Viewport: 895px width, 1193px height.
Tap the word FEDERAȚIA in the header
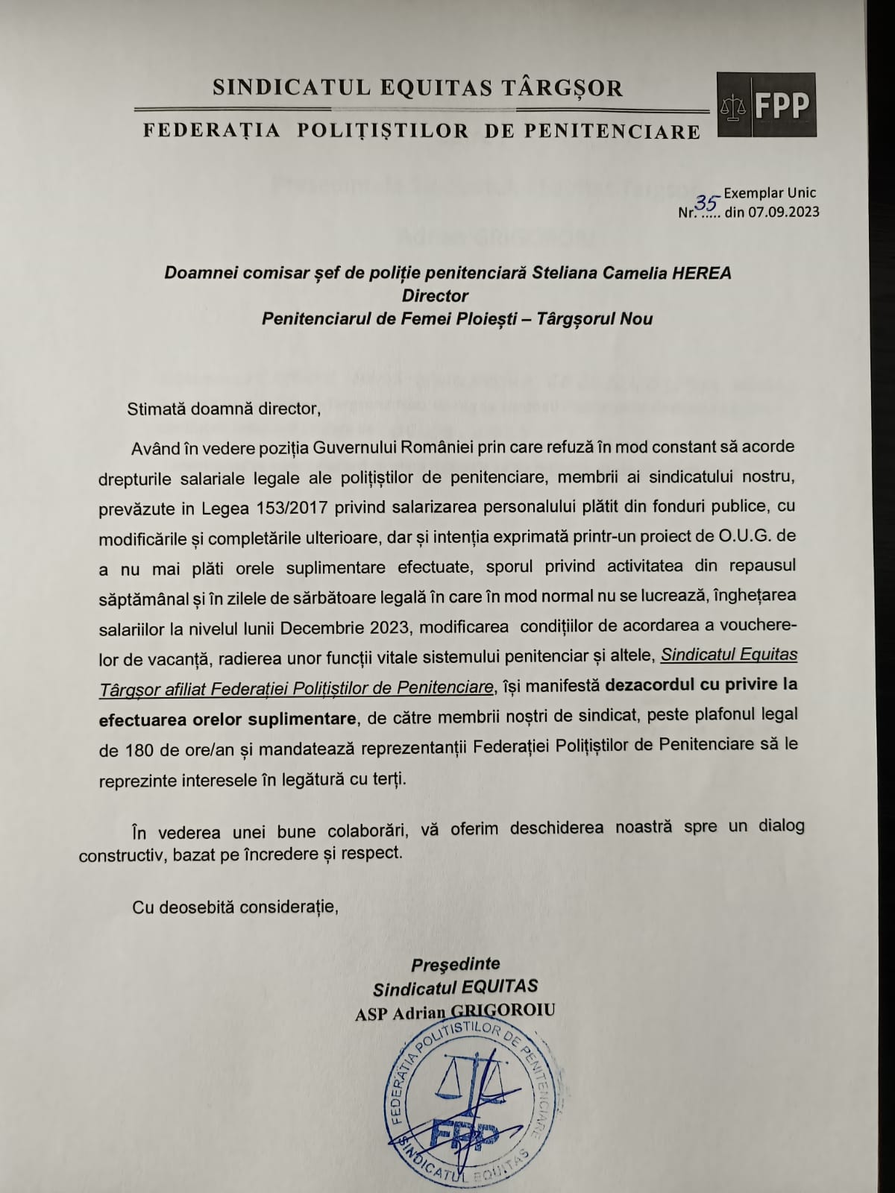point(211,131)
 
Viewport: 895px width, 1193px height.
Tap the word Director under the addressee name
point(435,295)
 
